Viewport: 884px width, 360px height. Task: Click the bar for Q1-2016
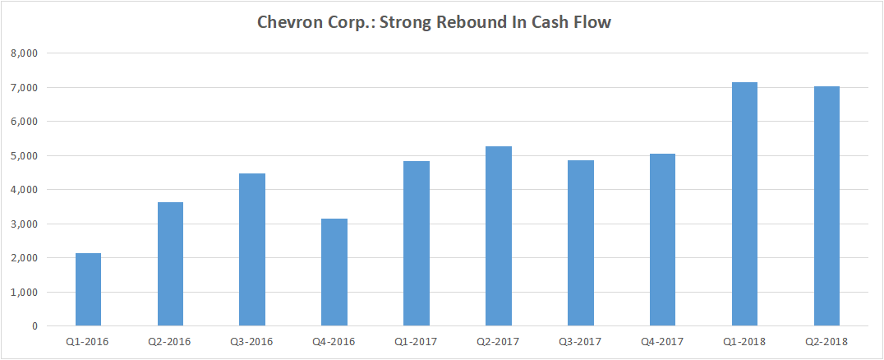click(88, 289)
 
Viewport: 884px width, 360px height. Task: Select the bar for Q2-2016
click(170, 264)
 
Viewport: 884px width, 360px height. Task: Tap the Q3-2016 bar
click(252, 250)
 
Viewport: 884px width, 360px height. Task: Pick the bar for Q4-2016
click(334, 272)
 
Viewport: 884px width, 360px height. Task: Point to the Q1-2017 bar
click(417, 243)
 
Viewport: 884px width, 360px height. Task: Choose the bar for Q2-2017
click(499, 236)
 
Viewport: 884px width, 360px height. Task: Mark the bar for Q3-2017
click(581, 243)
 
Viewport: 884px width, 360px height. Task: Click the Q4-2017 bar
click(663, 240)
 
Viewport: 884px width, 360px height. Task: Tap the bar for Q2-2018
click(826, 206)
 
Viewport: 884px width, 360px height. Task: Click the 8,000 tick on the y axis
click(25, 53)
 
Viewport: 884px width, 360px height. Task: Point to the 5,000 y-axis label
click(25, 156)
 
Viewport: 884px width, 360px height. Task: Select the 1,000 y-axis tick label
click(25, 293)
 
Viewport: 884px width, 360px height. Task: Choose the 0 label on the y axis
click(35, 326)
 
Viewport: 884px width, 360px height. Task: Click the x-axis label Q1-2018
click(744, 340)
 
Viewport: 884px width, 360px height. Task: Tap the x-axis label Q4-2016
click(334, 340)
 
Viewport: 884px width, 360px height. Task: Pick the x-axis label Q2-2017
click(499, 340)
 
